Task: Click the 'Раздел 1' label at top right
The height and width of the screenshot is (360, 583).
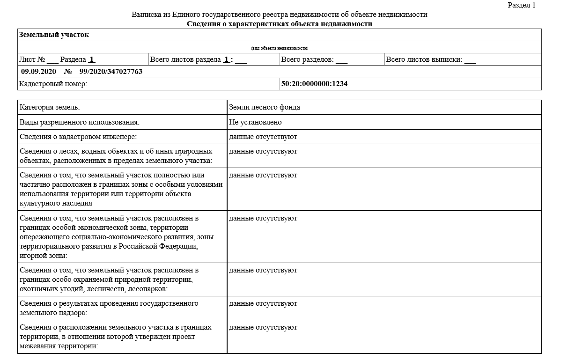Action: [x=521, y=5]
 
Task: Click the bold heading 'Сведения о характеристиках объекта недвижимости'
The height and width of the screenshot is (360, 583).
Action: [x=280, y=24]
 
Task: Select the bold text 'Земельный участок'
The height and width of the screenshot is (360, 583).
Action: [x=54, y=35]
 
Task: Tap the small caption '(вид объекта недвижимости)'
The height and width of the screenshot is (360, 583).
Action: [x=280, y=48]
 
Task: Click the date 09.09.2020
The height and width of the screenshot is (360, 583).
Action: [x=38, y=72]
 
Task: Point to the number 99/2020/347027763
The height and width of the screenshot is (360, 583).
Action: [x=111, y=72]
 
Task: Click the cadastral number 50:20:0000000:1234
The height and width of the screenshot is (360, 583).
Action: [x=314, y=84]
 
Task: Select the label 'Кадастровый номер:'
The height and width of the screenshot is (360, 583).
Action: [x=53, y=84]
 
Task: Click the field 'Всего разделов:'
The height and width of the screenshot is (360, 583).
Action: [x=307, y=59]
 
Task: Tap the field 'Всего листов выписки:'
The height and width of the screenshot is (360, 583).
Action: [x=424, y=59]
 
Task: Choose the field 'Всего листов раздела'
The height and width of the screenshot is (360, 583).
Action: [x=185, y=59]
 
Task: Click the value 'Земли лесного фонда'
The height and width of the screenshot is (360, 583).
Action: [x=265, y=107]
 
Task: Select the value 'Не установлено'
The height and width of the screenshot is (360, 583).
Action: [x=255, y=122]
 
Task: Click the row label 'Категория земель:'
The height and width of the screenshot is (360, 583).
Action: [x=50, y=107]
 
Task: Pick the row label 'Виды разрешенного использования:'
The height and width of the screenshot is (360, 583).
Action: [x=80, y=122]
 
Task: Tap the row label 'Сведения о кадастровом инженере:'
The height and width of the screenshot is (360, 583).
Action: [x=78, y=137]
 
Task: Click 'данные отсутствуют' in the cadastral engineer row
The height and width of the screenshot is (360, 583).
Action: [x=263, y=137]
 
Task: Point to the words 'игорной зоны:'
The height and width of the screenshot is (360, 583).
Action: [x=44, y=256]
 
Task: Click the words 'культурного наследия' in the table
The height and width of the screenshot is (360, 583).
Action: [x=56, y=203]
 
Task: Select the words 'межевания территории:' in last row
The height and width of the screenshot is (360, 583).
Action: [x=59, y=346]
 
